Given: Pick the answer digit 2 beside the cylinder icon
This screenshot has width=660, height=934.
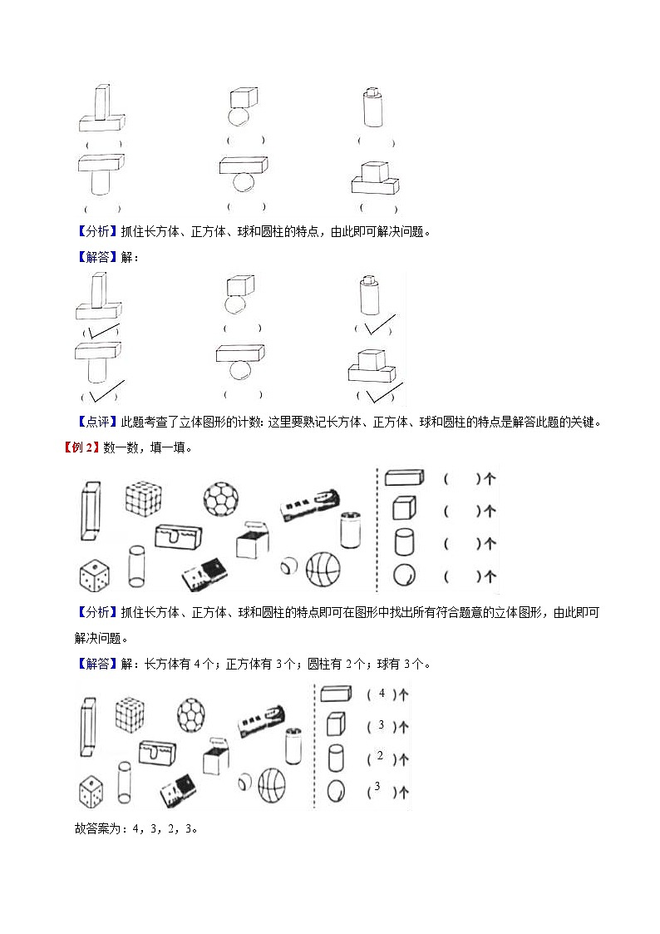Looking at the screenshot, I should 380,756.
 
